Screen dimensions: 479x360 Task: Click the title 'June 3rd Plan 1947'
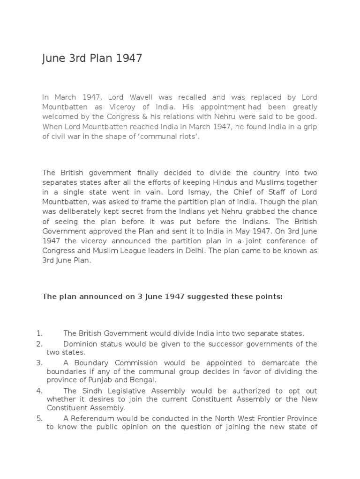(92, 59)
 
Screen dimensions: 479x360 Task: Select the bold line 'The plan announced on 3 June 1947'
(162, 296)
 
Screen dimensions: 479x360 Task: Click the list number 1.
(39, 334)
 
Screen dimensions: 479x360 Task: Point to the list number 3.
(39, 363)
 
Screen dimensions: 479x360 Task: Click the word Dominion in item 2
(79, 344)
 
